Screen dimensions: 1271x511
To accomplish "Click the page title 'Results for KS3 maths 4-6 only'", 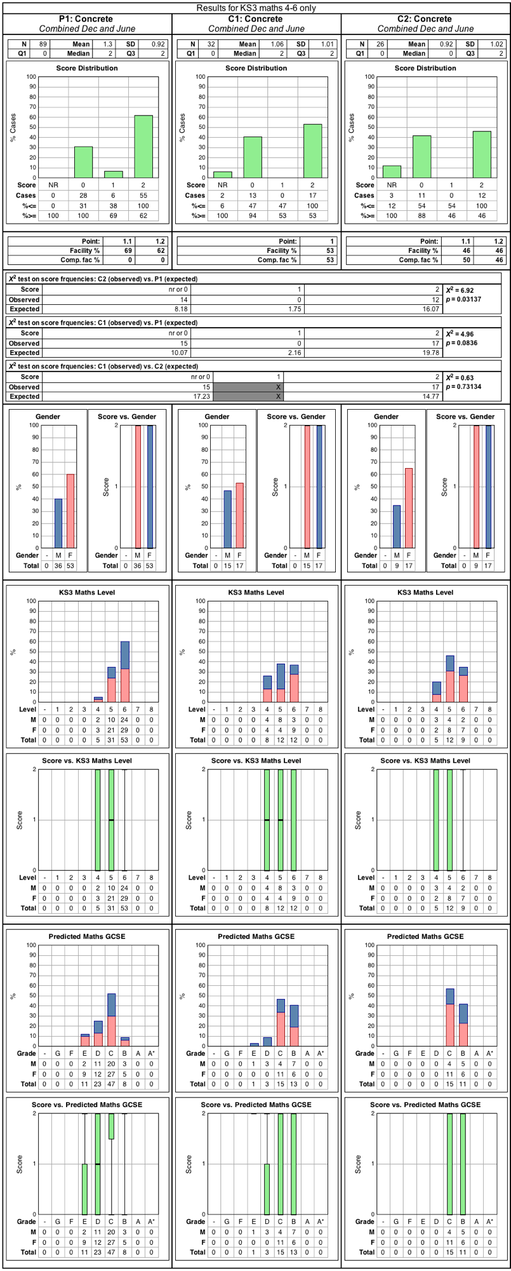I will tap(256, 8).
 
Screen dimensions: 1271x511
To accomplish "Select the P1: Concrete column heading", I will tap(87, 19).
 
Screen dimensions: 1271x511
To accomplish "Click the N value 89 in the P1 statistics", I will tap(44, 44).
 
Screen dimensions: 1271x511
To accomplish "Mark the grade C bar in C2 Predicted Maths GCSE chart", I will tap(450, 1017).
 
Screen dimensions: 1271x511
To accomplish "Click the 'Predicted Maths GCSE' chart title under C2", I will tap(425, 936).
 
